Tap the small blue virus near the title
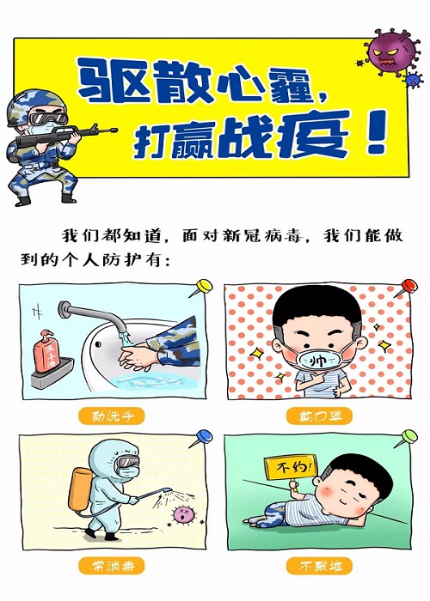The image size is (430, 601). pyautogui.click(x=413, y=80)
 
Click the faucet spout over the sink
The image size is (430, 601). pyautogui.click(x=93, y=315)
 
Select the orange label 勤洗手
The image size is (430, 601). pyautogui.click(x=112, y=416)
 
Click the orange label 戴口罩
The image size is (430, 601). pyautogui.click(x=319, y=416)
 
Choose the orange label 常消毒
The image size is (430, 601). pyautogui.click(x=112, y=566)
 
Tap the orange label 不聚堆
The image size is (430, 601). pyautogui.click(x=319, y=566)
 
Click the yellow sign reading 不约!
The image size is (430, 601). pyautogui.click(x=291, y=466)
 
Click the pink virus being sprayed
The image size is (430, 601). pyautogui.click(x=182, y=514)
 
